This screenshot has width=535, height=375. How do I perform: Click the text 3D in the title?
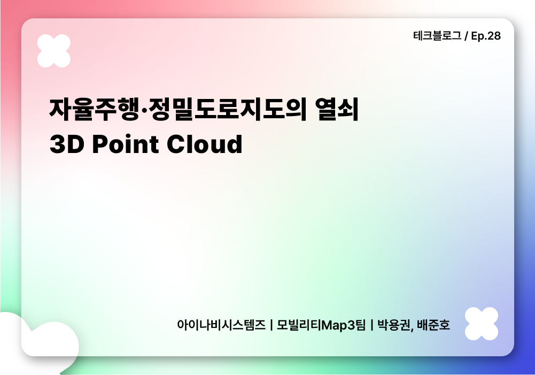tap(67, 144)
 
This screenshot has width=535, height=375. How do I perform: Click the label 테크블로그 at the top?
tap(437, 36)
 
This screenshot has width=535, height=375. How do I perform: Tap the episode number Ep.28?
tap(486, 36)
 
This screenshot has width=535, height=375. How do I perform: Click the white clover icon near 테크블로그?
tap(54, 51)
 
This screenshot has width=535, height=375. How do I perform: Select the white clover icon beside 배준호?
tap(481, 324)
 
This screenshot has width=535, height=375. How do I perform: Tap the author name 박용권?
tap(394, 325)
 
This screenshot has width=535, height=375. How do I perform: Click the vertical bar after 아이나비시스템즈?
tap(272, 325)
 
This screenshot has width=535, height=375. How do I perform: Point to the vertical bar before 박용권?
tap(371, 325)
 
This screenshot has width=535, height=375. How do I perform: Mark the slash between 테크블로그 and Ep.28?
tap(466, 36)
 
